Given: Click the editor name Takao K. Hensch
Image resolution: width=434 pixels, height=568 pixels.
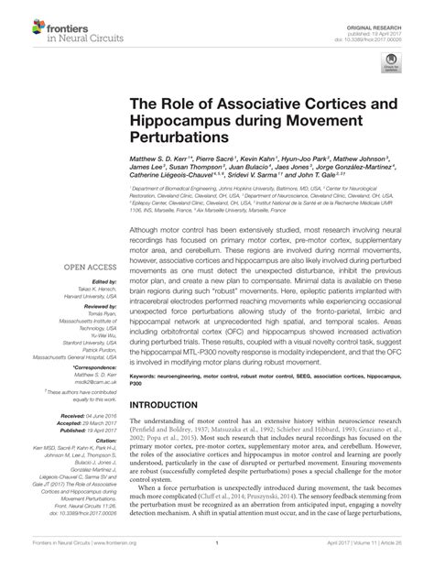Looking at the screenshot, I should coord(95,289).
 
